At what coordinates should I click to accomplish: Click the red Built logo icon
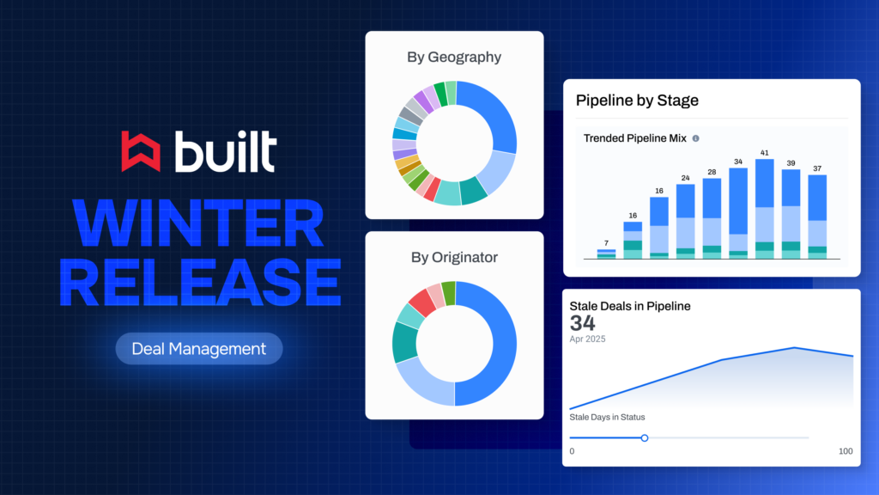pyautogui.click(x=141, y=151)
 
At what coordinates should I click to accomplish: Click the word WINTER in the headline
pyautogui.click(x=199, y=223)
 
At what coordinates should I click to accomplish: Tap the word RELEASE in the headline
pyautogui.click(x=200, y=282)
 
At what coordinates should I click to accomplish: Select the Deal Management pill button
pyautogui.click(x=199, y=349)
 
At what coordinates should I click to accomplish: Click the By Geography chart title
pyautogui.click(x=454, y=58)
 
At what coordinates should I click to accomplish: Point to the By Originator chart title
pyautogui.click(x=454, y=257)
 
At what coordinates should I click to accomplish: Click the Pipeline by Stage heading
pyautogui.click(x=637, y=101)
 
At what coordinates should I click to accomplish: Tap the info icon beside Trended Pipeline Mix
pyautogui.click(x=695, y=138)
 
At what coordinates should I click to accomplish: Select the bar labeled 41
pyautogui.click(x=765, y=209)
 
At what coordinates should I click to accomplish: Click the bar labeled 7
pyautogui.click(x=607, y=254)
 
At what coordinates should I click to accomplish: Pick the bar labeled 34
pyautogui.click(x=738, y=213)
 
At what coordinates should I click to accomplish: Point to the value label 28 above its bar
pyautogui.click(x=712, y=172)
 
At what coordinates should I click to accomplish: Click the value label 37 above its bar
pyautogui.click(x=817, y=168)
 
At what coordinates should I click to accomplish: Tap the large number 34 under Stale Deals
pyautogui.click(x=583, y=323)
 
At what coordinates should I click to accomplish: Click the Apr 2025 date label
pyautogui.click(x=587, y=339)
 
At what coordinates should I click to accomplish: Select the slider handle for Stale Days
pyautogui.click(x=645, y=437)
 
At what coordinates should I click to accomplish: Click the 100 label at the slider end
pyautogui.click(x=846, y=451)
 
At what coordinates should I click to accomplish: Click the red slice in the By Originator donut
pyautogui.click(x=422, y=302)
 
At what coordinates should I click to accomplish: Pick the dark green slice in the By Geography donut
pyautogui.click(x=440, y=94)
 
